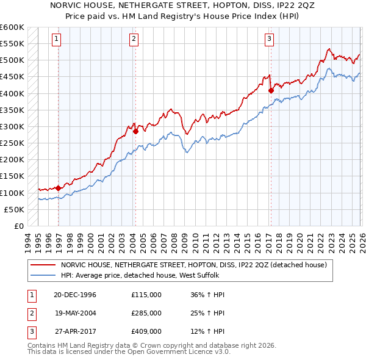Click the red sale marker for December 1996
point(58,188)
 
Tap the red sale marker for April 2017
point(270,90)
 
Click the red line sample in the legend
point(43,265)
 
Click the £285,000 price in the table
point(146,313)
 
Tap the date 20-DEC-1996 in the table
point(75,295)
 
